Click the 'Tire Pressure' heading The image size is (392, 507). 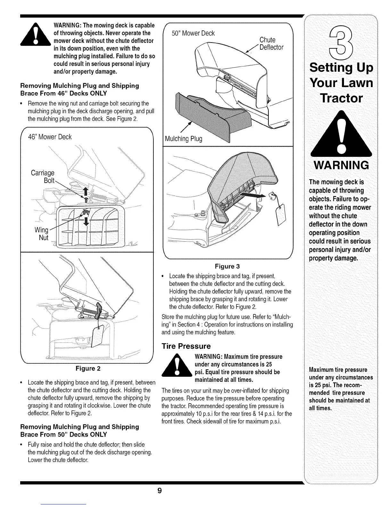(186, 346)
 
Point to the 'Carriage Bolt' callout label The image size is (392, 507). (43, 177)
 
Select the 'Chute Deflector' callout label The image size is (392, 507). (271, 44)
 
